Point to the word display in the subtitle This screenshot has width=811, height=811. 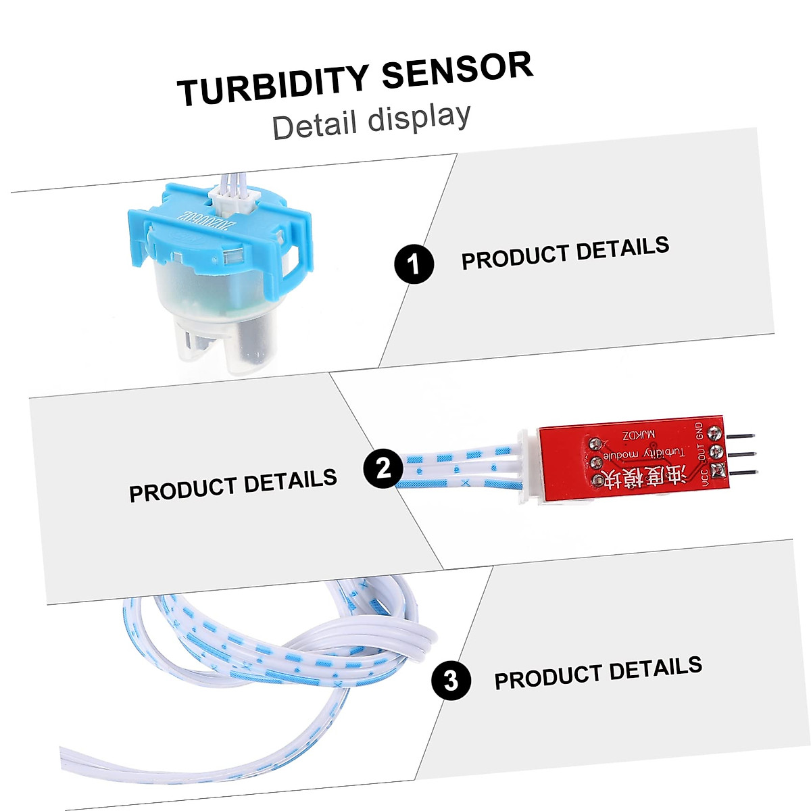point(419,118)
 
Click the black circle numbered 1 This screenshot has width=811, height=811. point(414,264)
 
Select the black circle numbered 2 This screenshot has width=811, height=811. point(383,468)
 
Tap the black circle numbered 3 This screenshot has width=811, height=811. point(451,680)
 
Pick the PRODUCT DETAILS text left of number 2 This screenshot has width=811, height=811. point(232,485)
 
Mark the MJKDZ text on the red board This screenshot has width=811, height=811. point(639,436)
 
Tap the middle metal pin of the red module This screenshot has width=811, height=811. point(744,456)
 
